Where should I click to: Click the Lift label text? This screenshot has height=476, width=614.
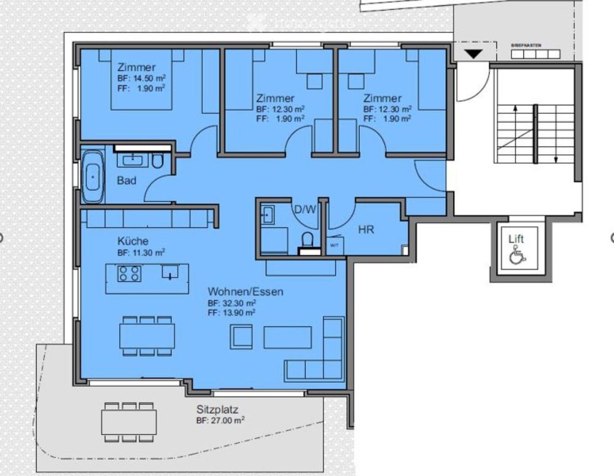click(x=516, y=238)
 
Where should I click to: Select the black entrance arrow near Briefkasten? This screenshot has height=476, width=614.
click(x=473, y=54)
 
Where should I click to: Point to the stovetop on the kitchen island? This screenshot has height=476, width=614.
click(x=130, y=273)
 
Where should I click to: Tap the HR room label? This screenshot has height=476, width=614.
click(x=367, y=230)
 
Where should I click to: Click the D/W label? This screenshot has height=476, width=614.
click(x=305, y=209)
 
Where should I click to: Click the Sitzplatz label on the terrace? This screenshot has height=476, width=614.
click(x=217, y=409)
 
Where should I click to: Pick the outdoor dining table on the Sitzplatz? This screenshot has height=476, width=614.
click(x=130, y=421)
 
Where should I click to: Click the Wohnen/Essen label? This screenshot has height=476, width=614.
click(x=246, y=292)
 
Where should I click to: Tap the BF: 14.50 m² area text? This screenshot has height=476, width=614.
click(x=142, y=79)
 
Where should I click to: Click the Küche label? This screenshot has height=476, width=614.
click(x=133, y=241)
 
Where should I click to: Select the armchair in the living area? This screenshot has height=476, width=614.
click(x=241, y=337)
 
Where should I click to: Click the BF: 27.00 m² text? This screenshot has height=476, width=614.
click(x=220, y=421)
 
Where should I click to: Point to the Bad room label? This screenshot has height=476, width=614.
click(x=126, y=181)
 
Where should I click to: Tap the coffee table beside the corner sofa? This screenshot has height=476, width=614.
click(x=287, y=337)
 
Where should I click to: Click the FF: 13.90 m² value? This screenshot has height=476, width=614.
click(x=231, y=313)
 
